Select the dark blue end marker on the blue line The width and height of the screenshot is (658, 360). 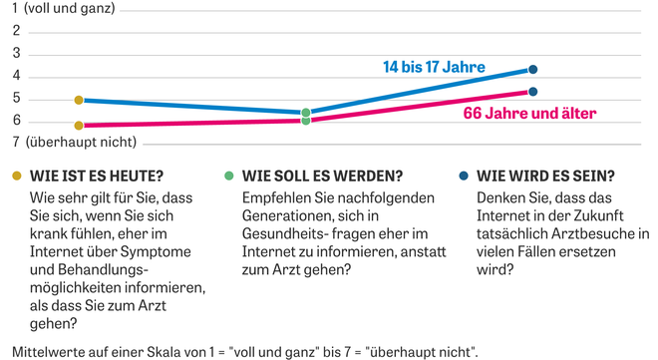[533, 69]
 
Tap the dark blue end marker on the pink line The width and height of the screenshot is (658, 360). [533, 92]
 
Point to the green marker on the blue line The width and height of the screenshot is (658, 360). [306, 113]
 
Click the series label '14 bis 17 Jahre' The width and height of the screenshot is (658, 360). [434, 68]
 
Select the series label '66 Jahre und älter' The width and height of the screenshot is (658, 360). [529, 114]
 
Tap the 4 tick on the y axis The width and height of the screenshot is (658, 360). [16, 76]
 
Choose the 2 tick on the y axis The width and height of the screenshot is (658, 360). [16, 31]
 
